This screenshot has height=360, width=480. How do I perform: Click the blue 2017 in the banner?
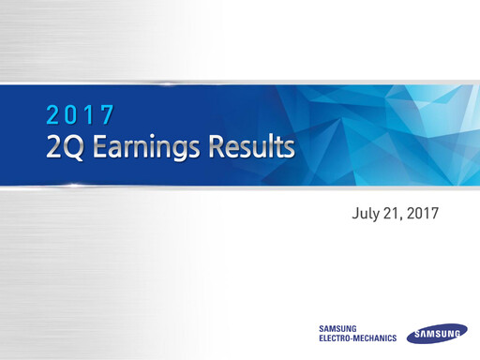click(81, 115)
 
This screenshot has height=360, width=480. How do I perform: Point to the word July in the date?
click(364, 215)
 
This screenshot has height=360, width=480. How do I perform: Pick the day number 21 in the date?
click(392, 215)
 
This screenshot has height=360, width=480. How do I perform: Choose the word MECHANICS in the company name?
click(377, 338)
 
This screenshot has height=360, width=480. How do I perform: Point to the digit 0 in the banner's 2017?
click(72, 115)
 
